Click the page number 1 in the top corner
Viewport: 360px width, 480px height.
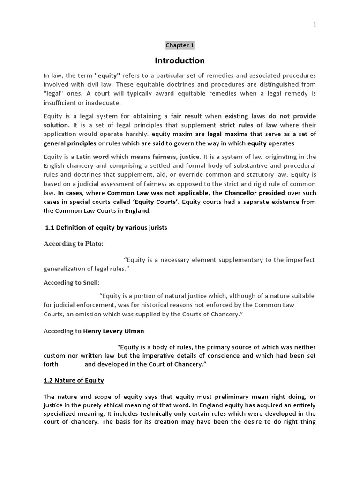[315, 24]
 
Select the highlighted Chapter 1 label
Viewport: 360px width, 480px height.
[180, 45]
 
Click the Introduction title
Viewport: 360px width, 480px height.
[180, 60]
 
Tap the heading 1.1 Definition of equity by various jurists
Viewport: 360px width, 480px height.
[105, 228]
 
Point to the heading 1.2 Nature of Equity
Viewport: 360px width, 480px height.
[74, 380]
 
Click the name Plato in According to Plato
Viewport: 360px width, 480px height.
[93, 244]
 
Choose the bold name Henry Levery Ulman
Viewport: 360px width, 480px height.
[114, 331]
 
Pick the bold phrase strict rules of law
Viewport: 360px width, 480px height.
[248, 125]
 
